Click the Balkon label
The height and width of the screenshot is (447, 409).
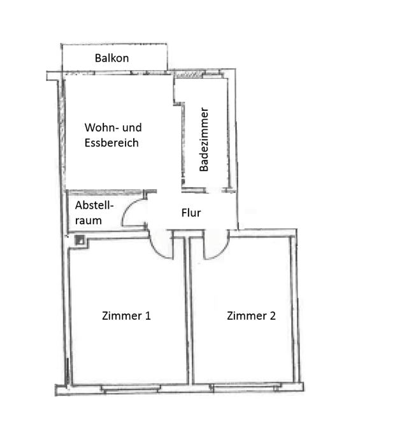coord(111,58)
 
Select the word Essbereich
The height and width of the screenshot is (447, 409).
coord(111,143)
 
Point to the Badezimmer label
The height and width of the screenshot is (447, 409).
coord(204,139)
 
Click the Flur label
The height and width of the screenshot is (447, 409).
coord(191,213)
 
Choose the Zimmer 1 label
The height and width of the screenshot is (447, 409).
coord(126,316)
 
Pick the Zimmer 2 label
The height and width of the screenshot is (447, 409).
coord(251,316)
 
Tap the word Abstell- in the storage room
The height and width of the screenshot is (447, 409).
coord(94,205)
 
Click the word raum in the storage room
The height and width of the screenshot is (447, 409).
coord(89,221)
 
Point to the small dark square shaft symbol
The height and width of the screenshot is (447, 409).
coord(80,240)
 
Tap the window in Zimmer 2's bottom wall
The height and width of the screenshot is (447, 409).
coord(245,387)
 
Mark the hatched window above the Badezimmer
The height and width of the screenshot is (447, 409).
coord(189,74)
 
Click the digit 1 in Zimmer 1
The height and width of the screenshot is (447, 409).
coord(148,316)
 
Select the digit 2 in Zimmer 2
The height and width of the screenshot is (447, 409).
coord(273,316)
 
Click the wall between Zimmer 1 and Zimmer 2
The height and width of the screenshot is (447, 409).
coord(189,310)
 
